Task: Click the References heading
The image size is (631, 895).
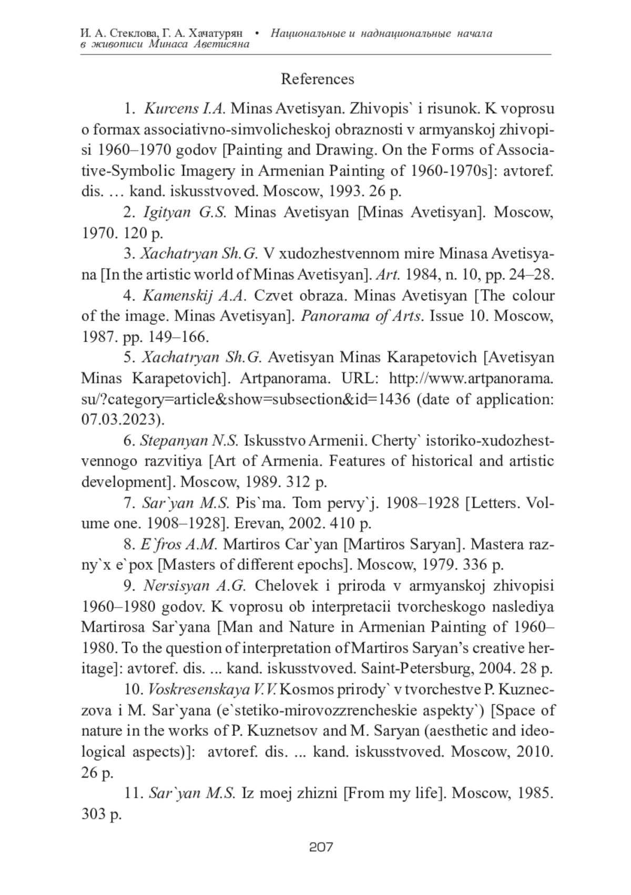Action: click(317, 79)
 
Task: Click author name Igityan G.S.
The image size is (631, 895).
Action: click(184, 212)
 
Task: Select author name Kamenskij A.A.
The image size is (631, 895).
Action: click(194, 295)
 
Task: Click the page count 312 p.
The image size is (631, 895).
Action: click(306, 482)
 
